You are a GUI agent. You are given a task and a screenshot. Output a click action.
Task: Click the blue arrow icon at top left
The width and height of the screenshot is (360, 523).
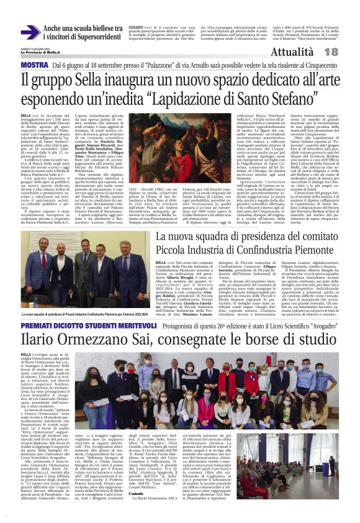pos(29,32)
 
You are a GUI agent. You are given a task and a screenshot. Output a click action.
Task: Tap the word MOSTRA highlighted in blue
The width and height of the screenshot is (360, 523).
pos(34,65)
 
